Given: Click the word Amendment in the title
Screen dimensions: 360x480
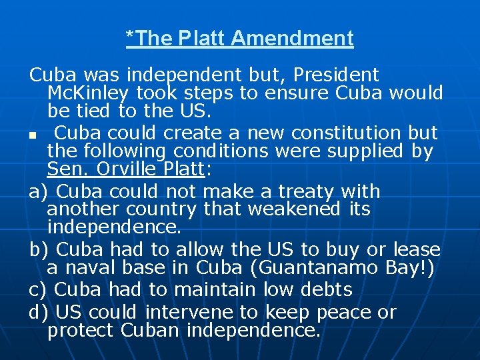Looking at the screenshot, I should [x=292, y=39].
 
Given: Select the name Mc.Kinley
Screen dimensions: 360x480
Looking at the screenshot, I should [x=89, y=92].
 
